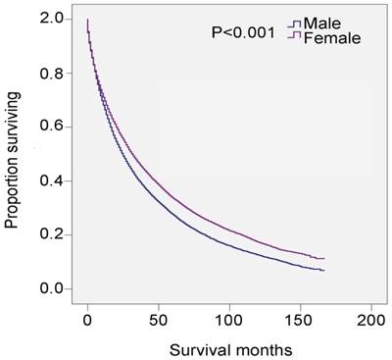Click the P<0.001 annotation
click(242, 33)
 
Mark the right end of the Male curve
click(323, 270)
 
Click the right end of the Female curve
click(323, 258)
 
